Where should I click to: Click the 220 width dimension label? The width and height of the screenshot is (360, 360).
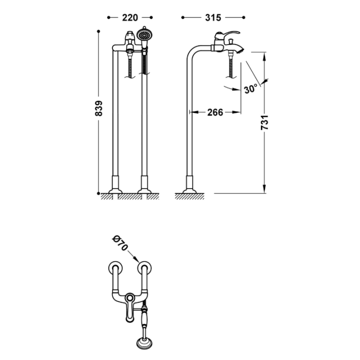(130, 17)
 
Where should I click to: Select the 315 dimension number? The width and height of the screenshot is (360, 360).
(213, 17)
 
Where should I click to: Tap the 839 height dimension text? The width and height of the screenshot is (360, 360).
(98, 108)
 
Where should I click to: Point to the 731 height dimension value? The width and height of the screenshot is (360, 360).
(264, 122)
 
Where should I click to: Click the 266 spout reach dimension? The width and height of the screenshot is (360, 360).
(215, 112)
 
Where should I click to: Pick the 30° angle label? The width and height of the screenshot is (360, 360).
(250, 89)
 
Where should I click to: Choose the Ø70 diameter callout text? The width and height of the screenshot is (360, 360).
(119, 243)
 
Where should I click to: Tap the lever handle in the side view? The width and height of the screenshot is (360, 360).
(227, 34)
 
